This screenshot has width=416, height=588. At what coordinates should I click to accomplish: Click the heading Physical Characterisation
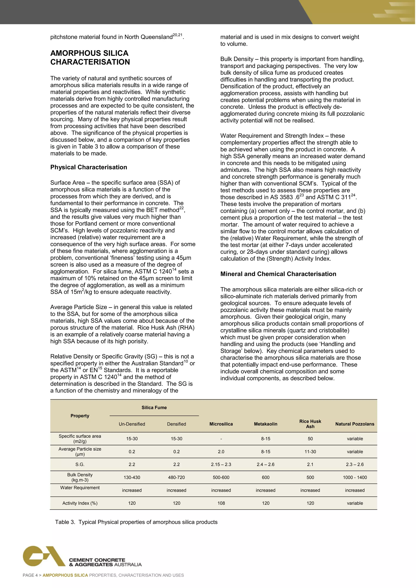tap(89, 167)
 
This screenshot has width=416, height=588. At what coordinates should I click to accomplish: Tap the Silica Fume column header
tap(154, 407)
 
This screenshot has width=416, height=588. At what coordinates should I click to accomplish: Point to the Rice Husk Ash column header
tap(310, 424)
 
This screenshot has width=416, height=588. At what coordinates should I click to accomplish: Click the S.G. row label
tap(80, 464)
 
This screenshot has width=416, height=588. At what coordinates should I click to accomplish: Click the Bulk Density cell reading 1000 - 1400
tap(355, 477)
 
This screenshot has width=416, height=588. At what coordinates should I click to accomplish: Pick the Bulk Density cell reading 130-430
tap(132, 477)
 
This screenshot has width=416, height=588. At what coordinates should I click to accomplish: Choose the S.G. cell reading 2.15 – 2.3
tap(221, 464)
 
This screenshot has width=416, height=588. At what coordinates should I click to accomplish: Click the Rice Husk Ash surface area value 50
tap(310, 439)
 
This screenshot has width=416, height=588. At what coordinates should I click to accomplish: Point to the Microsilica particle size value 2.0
tap(221, 452)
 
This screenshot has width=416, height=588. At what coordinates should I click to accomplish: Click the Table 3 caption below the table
tap(136, 522)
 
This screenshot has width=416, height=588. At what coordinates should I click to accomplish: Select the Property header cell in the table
tap(80, 416)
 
